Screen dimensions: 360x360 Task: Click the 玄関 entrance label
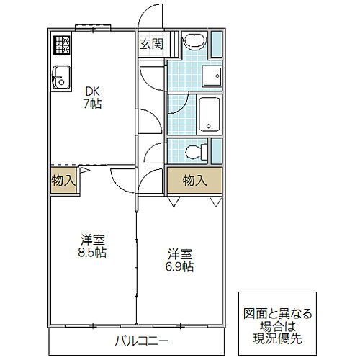pyautogui.click(x=151, y=43)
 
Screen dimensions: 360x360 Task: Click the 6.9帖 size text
pyautogui.click(x=180, y=266)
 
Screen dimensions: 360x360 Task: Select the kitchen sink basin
pyautogui.click(x=60, y=75)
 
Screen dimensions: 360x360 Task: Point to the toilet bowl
pyautogui.click(x=193, y=152)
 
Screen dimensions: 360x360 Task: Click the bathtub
pyautogui.click(x=210, y=114)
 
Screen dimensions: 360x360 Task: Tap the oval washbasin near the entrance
pyautogui.click(x=193, y=41)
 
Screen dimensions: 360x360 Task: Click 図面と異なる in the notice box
pyautogui.click(x=276, y=313)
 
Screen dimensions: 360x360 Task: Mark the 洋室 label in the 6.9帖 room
pyautogui.click(x=180, y=254)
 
